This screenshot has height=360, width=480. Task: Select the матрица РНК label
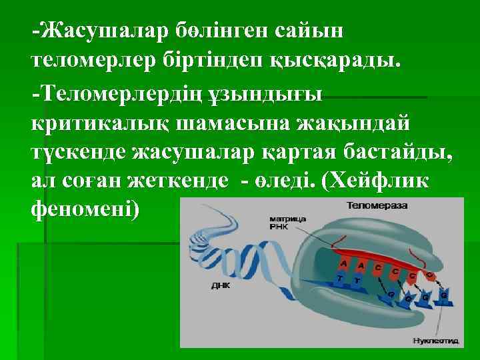(288, 222)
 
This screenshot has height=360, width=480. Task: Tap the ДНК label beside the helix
(220, 285)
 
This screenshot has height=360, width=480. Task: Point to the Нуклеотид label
(436, 341)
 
